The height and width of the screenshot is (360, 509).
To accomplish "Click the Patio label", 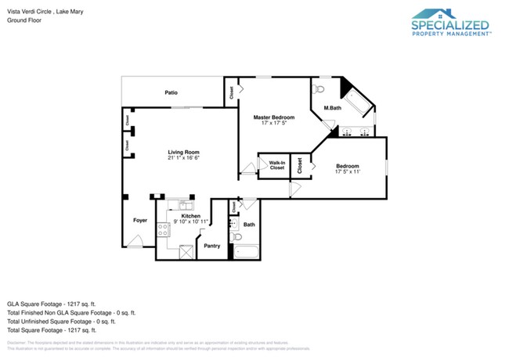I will click(171, 92).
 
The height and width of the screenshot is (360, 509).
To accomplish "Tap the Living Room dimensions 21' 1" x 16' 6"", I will click(183, 158).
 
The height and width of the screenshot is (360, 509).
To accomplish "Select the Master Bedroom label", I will click(273, 117).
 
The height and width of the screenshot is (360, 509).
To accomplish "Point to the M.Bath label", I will click(333, 107).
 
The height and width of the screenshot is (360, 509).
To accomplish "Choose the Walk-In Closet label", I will click(277, 166).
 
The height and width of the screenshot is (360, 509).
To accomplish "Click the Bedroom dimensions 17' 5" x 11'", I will click(348, 172).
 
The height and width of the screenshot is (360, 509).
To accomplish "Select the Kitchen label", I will click(190, 215).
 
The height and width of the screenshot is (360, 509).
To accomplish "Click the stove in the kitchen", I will click(164, 230).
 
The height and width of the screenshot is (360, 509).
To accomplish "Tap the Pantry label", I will click(211, 246).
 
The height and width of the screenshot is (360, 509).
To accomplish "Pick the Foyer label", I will click(139, 220).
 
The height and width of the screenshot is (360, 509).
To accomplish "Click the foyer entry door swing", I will click(135, 244).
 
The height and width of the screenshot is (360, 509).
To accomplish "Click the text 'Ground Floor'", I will click(25, 20).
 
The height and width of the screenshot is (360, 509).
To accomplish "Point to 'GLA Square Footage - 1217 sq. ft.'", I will click(51, 303).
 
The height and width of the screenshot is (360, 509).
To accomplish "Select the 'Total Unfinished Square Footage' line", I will click(61, 321).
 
